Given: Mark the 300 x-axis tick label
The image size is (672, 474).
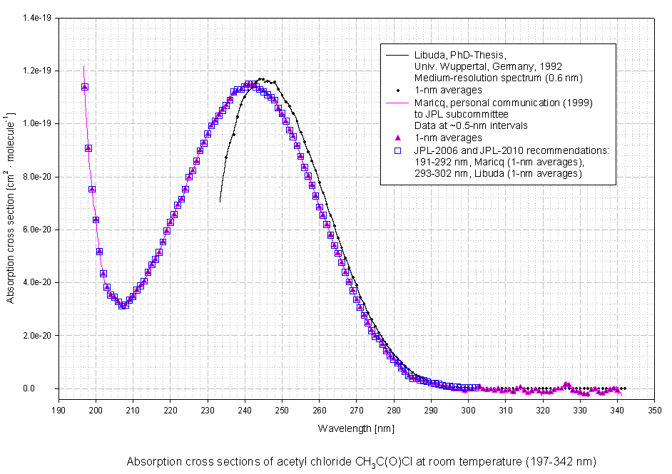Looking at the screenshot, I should click(x=468, y=411).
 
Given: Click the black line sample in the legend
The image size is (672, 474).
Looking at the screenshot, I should click(x=397, y=55).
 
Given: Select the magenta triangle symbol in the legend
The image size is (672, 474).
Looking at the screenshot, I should click(x=397, y=138).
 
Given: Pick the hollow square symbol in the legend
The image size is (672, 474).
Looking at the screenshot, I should click(x=397, y=150).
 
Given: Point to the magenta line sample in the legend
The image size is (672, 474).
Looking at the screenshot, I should click(x=397, y=103).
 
